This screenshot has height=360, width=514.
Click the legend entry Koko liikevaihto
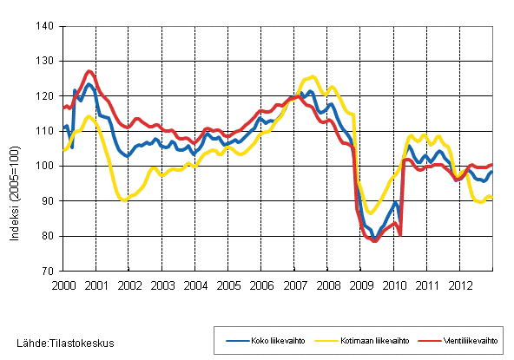point(265,340)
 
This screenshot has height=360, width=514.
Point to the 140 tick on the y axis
point(48,27)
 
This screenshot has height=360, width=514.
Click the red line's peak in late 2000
point(90,71)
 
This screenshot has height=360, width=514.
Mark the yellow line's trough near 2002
point(124,200)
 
